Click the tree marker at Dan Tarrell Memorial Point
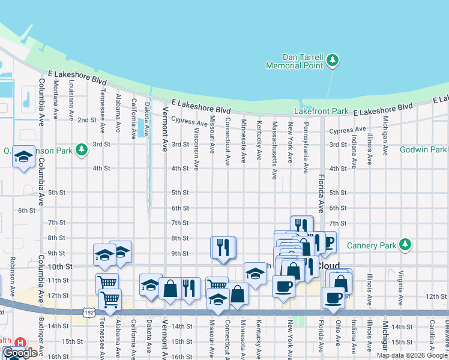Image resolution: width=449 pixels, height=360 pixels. [333, 60]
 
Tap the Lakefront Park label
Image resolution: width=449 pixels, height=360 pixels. [321, 111]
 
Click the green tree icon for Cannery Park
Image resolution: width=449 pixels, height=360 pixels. [406, 245]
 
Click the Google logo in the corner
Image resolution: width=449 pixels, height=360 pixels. [19, 353]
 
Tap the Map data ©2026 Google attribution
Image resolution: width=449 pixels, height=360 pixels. [412, 355]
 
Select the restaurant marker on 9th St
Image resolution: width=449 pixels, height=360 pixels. [223, 247]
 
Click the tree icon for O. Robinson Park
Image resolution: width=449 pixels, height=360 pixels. [80, 150]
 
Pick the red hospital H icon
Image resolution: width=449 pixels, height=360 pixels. [20, 343]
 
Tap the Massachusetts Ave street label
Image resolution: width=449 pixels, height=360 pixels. [274, 150]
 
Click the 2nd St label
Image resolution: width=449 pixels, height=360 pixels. [87, 120]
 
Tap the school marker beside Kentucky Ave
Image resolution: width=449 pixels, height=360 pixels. [255, 274]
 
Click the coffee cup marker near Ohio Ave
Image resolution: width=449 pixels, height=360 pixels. [333, 297]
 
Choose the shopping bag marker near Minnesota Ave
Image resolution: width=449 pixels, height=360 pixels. [238, 294]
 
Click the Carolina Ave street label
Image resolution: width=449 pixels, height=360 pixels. [431, 339]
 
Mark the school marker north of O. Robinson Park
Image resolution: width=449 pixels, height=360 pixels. [23, 158]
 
